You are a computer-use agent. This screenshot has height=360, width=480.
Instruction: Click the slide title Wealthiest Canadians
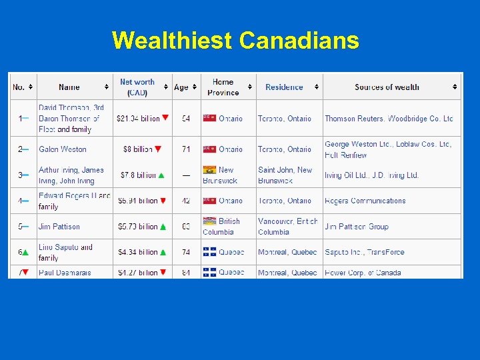pyautogui.click(x=235, y=41)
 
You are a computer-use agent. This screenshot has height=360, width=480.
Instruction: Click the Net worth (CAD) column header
pyautogui.click(x=137, y=87)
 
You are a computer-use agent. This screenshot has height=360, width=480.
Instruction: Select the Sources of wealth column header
pyautogui.click(x=387, y=87)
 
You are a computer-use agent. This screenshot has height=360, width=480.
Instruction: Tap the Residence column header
pyautogui.click(x=284, y=87)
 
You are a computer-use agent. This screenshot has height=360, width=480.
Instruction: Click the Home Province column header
pyautogui.click(x=223, y=87)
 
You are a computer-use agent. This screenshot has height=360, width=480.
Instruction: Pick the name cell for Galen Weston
pyautogui.click(x=63, y=149)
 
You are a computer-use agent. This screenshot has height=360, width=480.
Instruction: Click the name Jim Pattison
pyautogui.click(x=59, y=227)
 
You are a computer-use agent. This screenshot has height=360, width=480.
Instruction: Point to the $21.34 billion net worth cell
pyautogui.click(x=138, y=119)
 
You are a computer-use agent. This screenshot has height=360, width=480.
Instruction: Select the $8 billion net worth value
pyautogui.click(x=138, y=149)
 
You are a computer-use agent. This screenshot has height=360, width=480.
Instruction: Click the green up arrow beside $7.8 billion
pyautogui.click(x=161, y=175)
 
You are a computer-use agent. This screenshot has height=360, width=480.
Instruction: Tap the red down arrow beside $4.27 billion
pyautogui.click(x=163, y=272)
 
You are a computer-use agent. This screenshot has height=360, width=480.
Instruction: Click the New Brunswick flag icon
pyautogui.click(x=209, y=170)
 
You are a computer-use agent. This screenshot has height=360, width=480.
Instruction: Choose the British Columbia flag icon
pyautogui.click(x=209, y=221)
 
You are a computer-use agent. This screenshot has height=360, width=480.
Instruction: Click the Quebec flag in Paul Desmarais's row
pyautogui.click(x=209, y=272)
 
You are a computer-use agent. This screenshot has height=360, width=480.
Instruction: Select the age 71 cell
pyautogui.click(x=185, y=149)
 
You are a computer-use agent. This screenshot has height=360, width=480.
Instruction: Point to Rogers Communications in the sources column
pyautogui.click(x=365, y=201)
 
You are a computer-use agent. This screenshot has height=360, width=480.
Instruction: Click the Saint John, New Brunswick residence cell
pyautogui.click(x=285, y=175)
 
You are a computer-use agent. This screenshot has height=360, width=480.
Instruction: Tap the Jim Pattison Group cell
pyautogui.click(x=357, y=227)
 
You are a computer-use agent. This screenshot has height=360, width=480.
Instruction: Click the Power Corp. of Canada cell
pyautogui.click(x=363, y=272)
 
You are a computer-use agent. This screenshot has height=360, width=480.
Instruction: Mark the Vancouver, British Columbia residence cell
pyautogui.click(x=287, y=227)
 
